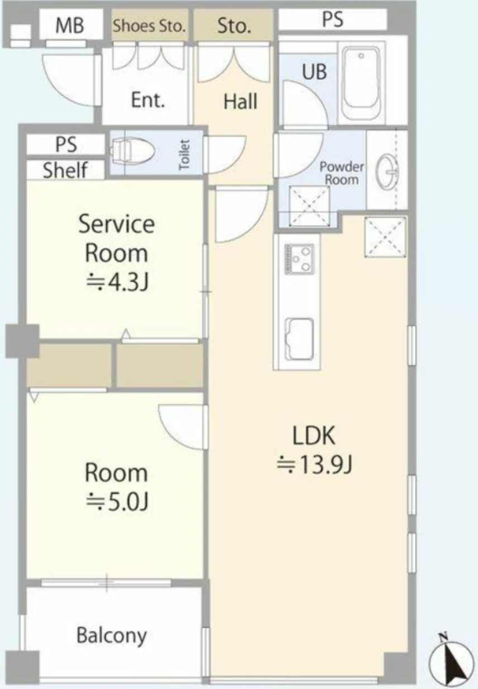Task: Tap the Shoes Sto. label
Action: pyautogui.click(x=149, y=26)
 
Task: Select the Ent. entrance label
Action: pyautogui.click(x=148, y=100)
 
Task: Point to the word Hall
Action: pyautogui.click(x=240, y=102)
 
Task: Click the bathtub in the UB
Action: pyautogui.click(x=361, y=84)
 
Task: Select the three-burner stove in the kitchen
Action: pyautogui.click(x=300, y=259)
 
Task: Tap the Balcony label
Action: pyautogui.click(x=111, y=636)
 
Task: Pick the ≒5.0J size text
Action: pyautogui.click(x=117, y=501)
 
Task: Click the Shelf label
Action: pyautogui.click(x=65, y=170)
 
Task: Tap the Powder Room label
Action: pyautogui.click(x=342, y=173)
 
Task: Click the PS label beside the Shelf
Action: pyautogui.click(x=66, y=144)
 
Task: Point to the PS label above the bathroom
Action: pyautogui.click(x=333, y=19)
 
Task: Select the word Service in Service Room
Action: pyautogui.click(x=116, y=224)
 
